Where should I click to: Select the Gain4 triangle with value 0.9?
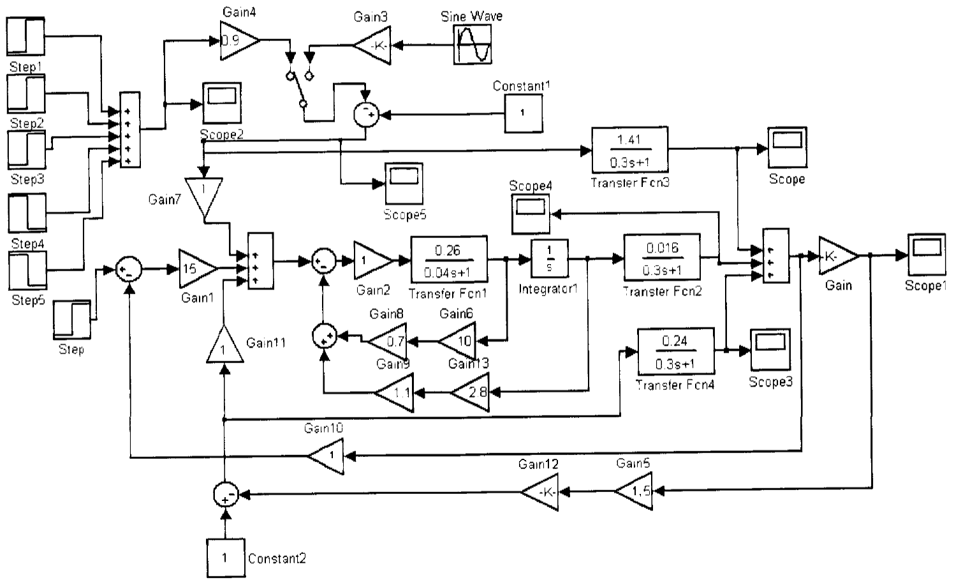237,41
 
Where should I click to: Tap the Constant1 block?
524,113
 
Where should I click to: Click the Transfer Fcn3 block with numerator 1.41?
629,150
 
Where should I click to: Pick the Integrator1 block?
549,260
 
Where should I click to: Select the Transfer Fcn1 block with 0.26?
448,260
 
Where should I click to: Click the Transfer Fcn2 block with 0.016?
662,258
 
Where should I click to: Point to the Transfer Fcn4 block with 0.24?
675,351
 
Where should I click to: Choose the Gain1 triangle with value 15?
195,269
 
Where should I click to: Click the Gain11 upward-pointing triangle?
224,345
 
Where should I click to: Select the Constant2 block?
224,558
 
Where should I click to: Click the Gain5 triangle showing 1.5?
636,491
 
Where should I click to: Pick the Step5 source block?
27,271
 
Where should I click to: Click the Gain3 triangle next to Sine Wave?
373,45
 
